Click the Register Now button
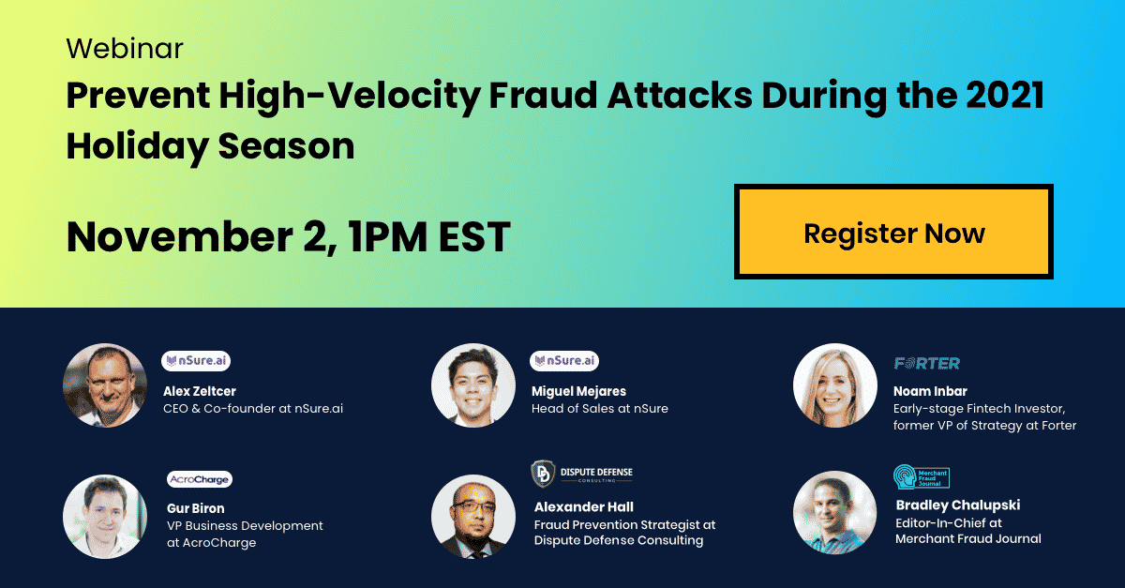(893, 232)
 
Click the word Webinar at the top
(125, 49)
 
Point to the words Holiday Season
(210, 146)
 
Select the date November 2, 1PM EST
(289, 236)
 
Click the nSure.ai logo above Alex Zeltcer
(196, 361)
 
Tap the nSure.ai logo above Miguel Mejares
(564, 361)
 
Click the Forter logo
(927, 363)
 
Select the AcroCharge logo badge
(200, 479)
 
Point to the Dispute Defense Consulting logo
(581, 474)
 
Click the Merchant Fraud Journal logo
(921, 476)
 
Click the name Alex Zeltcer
(200, 391)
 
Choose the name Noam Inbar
(930, 391)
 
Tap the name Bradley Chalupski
(958, 505)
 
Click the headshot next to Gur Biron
(105, 517)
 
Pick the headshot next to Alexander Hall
(473, 517)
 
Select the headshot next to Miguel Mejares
(473, 385)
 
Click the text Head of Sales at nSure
(600, 409)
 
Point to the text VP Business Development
(245, 526)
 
